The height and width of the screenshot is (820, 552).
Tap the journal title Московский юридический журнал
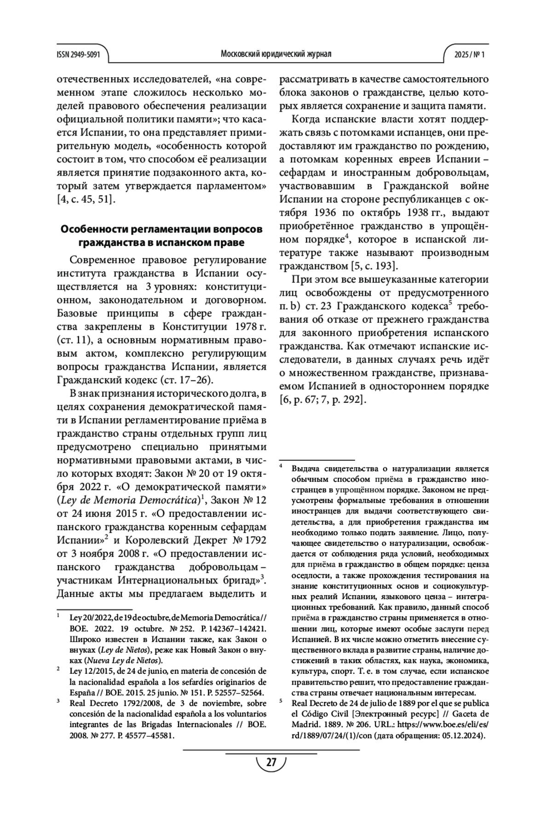(276, 54)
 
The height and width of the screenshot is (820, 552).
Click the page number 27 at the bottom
(271, 763)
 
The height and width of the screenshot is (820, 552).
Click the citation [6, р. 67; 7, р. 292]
(323, 399)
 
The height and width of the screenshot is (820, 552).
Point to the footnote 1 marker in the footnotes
(59, 614)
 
